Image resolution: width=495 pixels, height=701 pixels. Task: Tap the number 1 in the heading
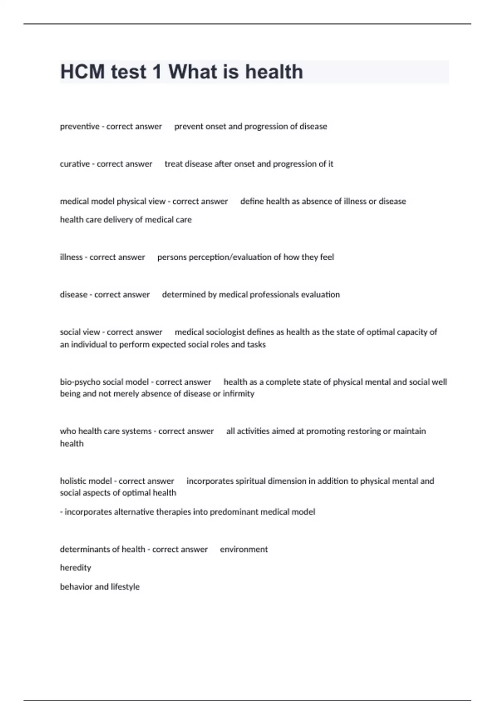tap(157, 72)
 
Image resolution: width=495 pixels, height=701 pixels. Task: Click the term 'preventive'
tap(80, 127)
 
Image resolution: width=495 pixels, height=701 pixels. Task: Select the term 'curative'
tap(75, 164)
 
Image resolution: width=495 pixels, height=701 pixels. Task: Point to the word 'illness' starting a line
tap(71, 257)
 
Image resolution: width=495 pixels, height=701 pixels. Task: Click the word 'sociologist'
tap(225, 332)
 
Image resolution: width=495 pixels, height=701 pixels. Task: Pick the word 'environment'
tap(244, 550)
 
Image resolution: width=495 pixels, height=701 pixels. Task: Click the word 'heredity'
tap(75, 568)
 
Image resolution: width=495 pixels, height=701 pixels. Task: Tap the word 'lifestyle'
tap(125, 587)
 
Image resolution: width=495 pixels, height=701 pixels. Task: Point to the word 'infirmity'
tap(238, 394)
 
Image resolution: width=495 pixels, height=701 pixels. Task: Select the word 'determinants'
tap(84, 550)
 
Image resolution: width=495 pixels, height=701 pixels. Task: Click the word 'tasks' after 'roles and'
tap(256, 345)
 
